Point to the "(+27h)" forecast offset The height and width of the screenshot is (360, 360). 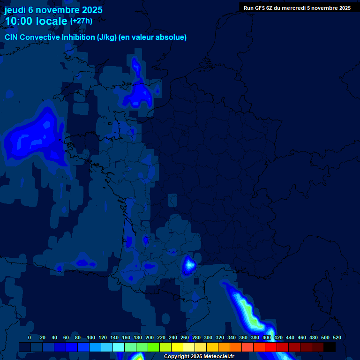81,21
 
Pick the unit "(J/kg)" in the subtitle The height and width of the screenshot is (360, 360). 107,37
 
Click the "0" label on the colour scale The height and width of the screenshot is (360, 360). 30,337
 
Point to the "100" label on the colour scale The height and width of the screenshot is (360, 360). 91,337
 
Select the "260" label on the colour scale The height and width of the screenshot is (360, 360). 185,337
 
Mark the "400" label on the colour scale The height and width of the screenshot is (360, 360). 267,337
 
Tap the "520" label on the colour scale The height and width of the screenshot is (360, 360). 337,337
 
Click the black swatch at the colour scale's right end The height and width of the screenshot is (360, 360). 330,347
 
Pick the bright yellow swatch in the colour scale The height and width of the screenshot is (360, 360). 177,347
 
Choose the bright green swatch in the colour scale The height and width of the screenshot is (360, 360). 154,347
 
